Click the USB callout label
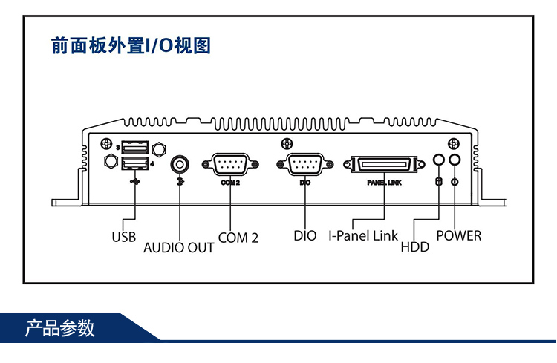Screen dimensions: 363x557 click(x=124, y=237)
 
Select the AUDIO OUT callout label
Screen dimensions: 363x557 click(x=178, y=247)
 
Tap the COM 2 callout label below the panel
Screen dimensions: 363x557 click(x=238, y=237)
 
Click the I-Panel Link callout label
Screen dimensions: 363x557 click(x=363, y=236)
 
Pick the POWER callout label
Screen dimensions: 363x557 click(x=458, y=236)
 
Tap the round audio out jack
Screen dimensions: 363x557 click(x=180, y=163)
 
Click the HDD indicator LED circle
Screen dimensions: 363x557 click(x=439, y=160)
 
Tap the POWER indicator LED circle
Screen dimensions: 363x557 click(x=455, y=160)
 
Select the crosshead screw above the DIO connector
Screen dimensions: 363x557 click(x=286, y=144)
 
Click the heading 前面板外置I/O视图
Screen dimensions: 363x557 click(x=131, y=46)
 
